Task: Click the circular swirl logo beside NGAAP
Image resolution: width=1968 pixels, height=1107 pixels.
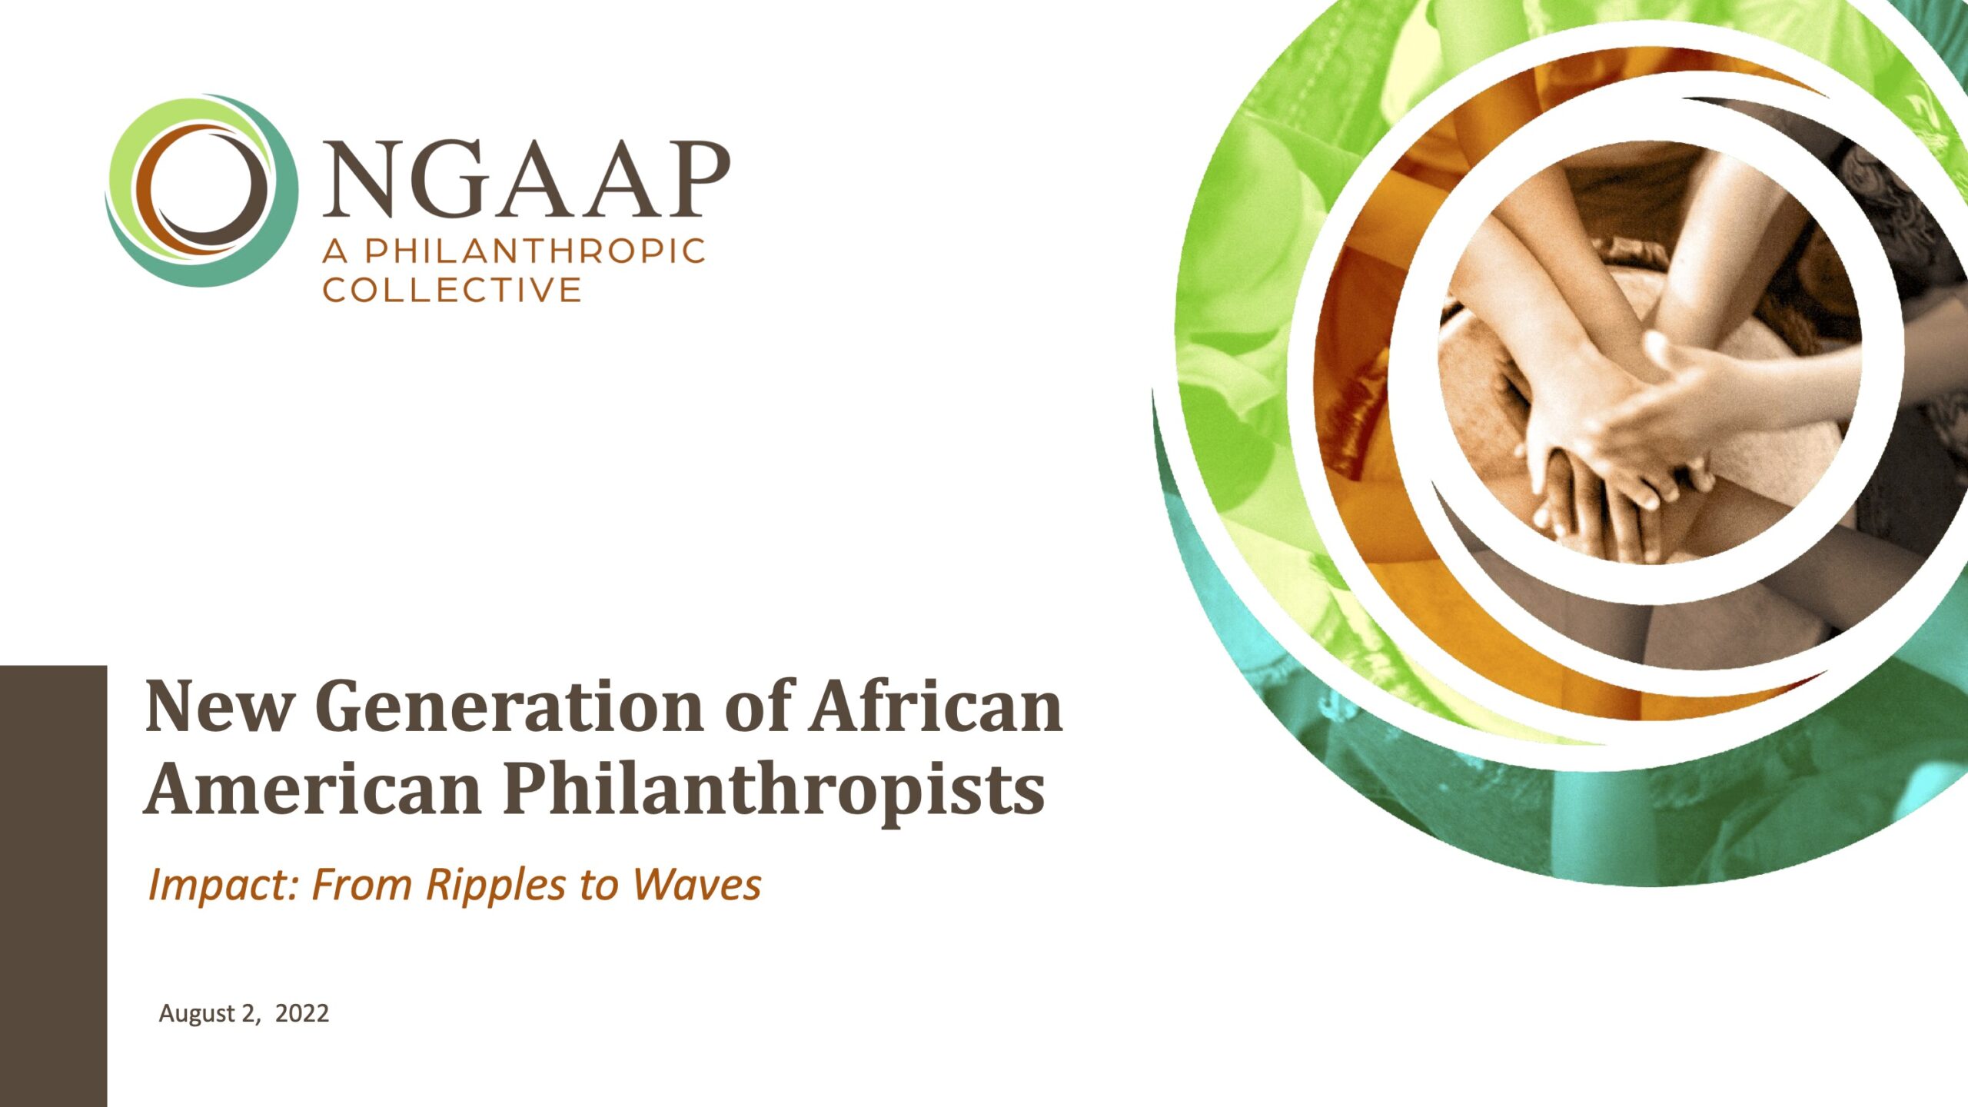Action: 201,191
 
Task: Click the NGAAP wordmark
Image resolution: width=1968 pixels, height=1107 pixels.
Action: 526,179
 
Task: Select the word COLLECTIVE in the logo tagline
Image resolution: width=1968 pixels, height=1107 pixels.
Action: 452,290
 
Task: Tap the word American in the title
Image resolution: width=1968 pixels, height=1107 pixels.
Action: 312,790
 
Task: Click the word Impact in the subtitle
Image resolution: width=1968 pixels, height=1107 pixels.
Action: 224,886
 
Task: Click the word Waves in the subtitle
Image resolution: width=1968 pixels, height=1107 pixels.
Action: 696,884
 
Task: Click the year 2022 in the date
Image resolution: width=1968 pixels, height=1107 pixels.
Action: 302,1013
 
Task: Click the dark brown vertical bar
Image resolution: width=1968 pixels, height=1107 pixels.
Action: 53,886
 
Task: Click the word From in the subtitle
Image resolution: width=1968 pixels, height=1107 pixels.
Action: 361,884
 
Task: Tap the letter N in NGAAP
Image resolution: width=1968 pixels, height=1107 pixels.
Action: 361,179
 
